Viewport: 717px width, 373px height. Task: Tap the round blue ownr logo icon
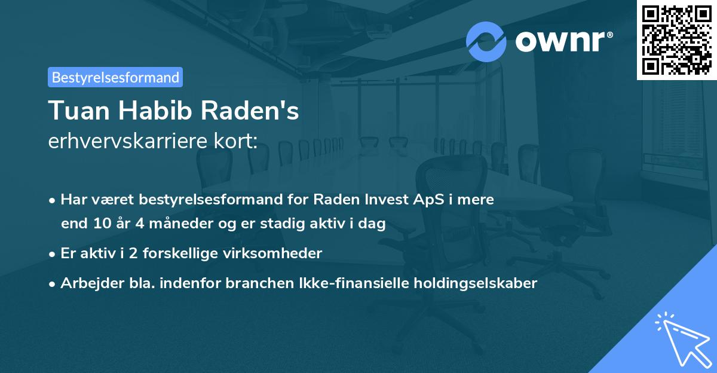[x=486, y=41]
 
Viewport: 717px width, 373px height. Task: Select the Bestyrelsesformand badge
[x=115, y=77]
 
